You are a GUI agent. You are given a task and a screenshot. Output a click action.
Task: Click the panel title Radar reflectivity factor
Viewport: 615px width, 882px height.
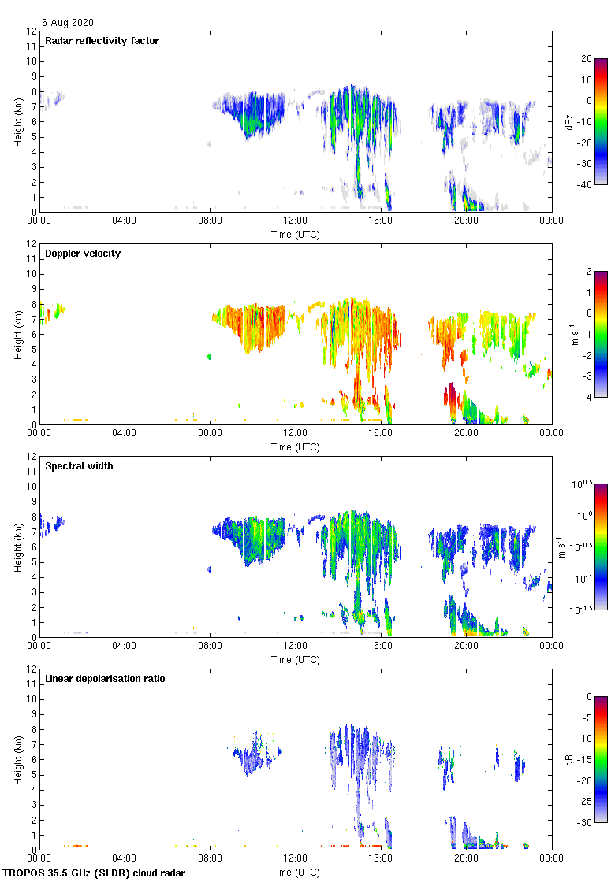102,41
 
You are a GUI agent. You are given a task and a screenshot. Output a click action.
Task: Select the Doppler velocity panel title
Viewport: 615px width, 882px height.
83,254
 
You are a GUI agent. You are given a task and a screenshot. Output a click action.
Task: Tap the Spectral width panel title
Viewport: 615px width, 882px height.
80,466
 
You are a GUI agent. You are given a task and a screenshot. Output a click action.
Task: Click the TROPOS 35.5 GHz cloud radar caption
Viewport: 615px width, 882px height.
95,873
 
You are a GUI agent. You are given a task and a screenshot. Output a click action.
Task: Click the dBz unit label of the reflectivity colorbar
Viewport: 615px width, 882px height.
569,121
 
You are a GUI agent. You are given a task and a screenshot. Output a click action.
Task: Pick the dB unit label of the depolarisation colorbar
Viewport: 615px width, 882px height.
569,759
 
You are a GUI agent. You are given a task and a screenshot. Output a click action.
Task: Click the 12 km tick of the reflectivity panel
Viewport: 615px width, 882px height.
32,31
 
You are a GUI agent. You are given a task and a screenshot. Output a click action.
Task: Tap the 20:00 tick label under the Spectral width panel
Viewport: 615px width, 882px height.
466,645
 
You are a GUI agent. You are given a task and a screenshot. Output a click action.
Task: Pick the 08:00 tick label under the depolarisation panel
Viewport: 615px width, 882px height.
210,858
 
